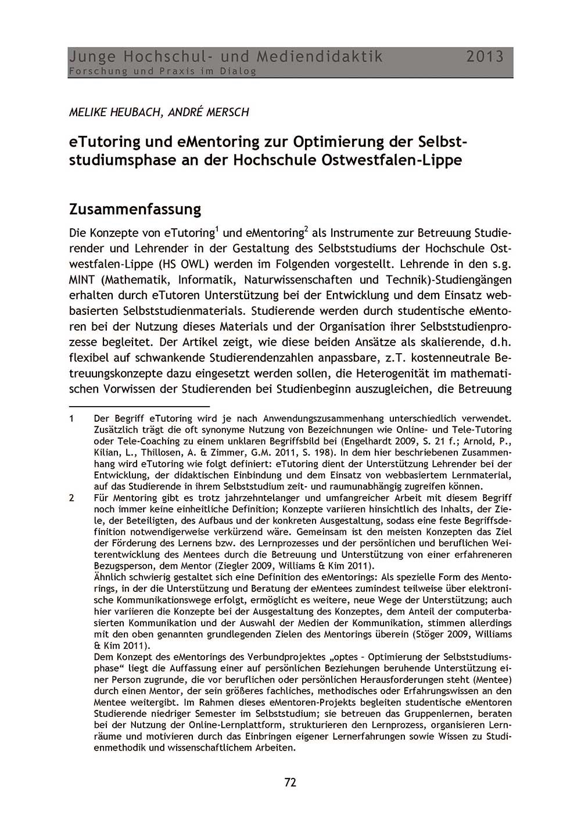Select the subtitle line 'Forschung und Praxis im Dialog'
(x=162, y=71)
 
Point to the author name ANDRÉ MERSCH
(x=209, y=112)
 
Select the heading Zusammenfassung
(x=135, y=209)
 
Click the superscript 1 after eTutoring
(x=217, y=229)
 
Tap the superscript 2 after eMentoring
(x=306, y=229)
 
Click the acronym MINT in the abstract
(x=83, y=279)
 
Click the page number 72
(x=290, y=782)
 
